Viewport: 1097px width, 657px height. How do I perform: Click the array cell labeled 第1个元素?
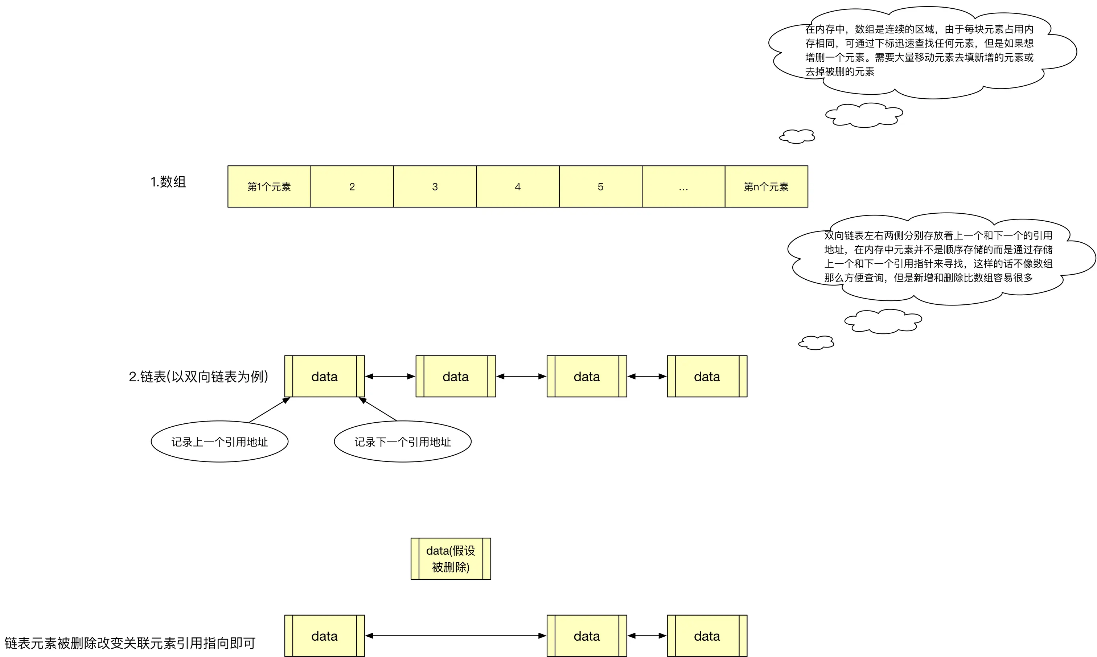(269, 186)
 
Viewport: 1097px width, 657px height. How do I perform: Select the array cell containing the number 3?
(435, 186)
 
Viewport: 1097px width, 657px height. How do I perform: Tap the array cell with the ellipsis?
(683, 186)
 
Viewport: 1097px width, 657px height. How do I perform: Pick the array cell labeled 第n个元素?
(766, 186)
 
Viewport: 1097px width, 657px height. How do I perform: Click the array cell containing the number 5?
(600, 186)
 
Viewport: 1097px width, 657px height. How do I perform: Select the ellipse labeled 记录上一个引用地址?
(219, 442)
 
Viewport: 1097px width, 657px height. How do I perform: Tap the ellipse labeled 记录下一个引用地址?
(402, 442)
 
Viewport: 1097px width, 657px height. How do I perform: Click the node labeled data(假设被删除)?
(451, 559)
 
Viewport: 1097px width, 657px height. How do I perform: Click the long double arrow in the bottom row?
(456, 636)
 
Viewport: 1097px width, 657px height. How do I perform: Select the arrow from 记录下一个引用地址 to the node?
(378, 409)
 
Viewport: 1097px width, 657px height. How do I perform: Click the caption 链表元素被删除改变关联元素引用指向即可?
(130, 643)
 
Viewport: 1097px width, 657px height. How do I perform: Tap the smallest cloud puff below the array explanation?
(797, 136)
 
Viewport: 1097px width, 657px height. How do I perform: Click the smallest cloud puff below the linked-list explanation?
(816, 343)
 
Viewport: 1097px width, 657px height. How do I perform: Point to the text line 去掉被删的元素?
(839, 72)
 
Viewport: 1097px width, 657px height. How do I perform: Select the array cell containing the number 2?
(352, 186)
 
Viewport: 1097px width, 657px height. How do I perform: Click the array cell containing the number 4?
(518, 186)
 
